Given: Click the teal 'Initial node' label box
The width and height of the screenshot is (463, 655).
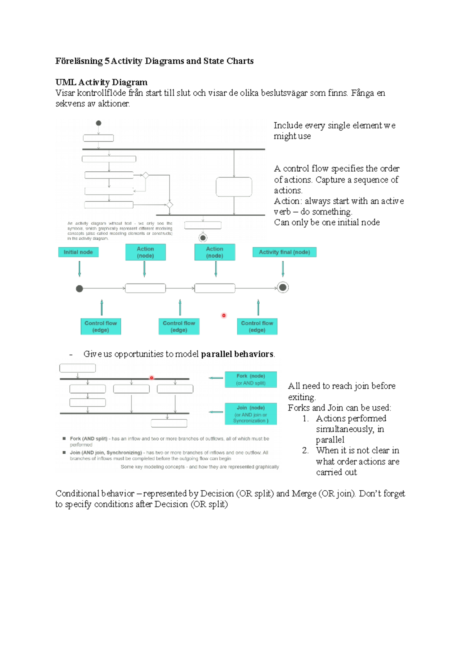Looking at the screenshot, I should [x=78, y=252].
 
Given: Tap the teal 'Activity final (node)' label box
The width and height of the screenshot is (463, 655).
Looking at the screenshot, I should [x=284, y=252].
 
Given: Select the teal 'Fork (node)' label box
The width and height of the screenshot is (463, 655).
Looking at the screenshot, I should [x=251, y=379].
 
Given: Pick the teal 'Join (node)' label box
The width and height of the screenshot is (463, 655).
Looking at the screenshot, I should [x=251, y=414].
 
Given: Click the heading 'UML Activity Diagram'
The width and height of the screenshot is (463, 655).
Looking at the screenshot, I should [x=101, y=82].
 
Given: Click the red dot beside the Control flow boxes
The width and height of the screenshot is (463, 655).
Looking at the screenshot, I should [x=224, y=316].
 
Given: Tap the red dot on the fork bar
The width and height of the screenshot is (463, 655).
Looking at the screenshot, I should [x=152, y=378].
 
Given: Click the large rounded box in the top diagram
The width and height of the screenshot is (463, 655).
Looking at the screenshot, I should [x=234, y=187].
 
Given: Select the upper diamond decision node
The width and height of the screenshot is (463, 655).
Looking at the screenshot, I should [x=145, y=176].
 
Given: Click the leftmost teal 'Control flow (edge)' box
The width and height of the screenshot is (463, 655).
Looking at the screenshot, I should [x=101, y=326].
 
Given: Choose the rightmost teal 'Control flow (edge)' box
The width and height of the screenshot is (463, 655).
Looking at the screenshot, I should [x=257, y=326].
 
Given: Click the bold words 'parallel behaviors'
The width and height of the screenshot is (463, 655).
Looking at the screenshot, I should [x=237, y=354].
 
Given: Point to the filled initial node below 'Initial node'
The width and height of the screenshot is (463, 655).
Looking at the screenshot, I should [x=79, y=289].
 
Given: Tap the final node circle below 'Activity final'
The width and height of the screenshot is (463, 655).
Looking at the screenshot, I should [x=283, y=287].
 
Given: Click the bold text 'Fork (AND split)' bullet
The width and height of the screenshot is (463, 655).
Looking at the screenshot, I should [x=89, y=439].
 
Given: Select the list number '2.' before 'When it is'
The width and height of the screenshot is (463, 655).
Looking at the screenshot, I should [x=305, y=451].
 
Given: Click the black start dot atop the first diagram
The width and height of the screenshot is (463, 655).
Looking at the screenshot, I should [x=98, y=123].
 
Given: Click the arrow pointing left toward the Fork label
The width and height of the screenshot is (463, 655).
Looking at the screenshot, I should [x=216, y=378].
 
